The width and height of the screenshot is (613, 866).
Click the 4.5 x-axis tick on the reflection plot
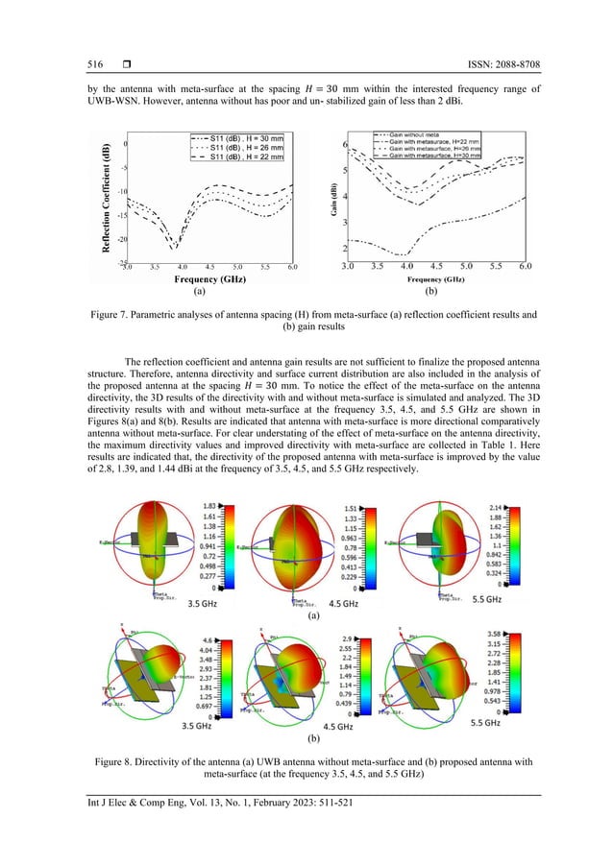coord(209,267)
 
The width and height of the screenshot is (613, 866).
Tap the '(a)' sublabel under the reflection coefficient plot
coord(199,290)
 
